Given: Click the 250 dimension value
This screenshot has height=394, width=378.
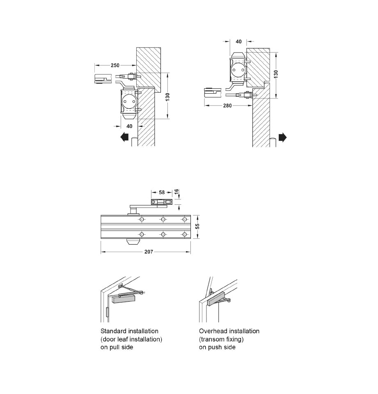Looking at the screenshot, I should coord(115,66).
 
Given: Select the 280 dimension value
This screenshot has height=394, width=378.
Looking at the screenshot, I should coord(227,105).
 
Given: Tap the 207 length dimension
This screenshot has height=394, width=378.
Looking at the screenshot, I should coord(149,252).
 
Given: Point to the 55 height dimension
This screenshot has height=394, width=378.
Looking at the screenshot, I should coord(197,227).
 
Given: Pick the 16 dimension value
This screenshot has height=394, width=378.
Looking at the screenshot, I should coord(176,191).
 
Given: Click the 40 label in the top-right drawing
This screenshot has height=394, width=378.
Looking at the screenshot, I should coord(238,41).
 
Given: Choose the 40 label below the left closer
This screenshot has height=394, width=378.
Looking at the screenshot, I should coord(129,126).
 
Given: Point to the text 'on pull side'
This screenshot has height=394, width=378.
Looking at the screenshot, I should coord(117,347).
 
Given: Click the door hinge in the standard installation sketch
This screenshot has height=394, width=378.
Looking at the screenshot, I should coord(108,312).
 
